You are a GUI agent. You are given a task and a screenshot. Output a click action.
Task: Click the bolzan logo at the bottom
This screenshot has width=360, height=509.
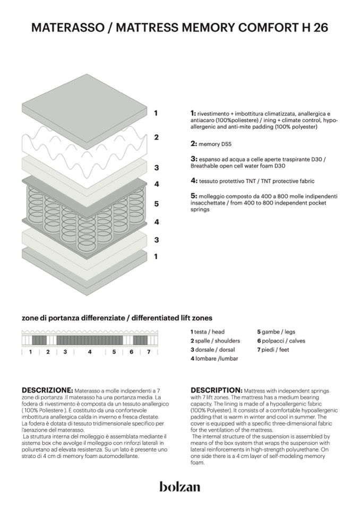179,486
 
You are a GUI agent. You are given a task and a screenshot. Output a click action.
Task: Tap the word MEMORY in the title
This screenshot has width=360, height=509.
209,28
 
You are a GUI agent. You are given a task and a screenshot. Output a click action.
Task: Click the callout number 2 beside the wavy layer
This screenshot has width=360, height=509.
156,137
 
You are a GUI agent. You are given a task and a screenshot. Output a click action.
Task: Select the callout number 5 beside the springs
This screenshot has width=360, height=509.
156,203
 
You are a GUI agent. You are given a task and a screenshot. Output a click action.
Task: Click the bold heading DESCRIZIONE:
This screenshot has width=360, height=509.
47,390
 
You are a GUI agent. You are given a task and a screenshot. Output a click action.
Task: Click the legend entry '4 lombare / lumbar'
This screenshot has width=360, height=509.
214,359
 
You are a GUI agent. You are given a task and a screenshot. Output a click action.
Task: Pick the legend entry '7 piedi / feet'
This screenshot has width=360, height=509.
273,350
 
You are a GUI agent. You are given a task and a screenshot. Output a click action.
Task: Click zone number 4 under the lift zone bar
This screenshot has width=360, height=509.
89,352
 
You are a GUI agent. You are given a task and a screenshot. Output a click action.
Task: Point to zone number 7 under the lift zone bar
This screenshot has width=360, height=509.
148,352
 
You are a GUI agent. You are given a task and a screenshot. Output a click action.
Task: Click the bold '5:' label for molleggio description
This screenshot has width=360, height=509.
194,196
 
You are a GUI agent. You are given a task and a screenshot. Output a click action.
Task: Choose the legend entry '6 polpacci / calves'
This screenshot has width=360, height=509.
281,341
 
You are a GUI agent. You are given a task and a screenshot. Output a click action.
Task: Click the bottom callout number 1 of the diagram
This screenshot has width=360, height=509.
156,256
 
